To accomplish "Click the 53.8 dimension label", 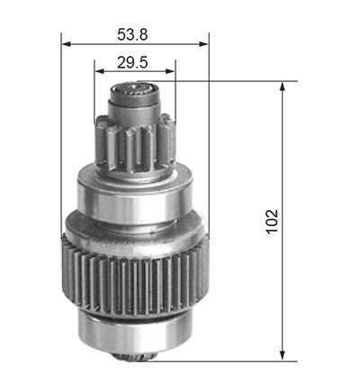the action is [132, 34].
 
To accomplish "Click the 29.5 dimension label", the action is [132, 63].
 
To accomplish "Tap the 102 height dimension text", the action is [272, 222].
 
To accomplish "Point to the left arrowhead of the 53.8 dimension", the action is [67, 44].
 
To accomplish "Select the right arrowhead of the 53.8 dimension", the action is [203, 44].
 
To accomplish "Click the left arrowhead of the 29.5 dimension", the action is [99, 71].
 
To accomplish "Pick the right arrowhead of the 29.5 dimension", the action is [170, 71].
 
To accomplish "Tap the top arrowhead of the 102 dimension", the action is [282, 87].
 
